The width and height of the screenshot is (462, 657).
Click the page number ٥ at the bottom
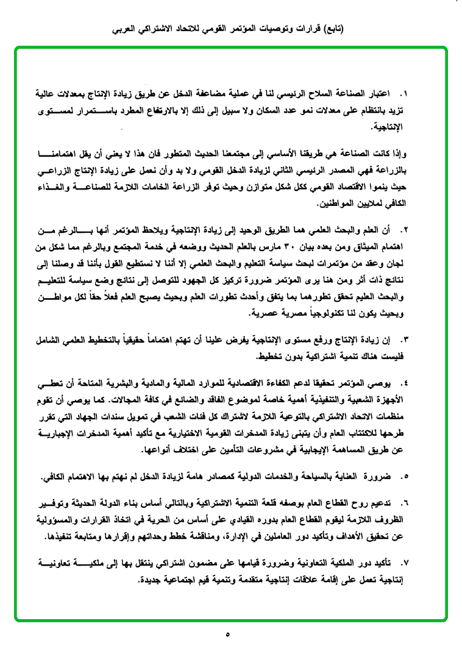coord(228,636)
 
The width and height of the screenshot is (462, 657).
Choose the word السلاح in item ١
coord(312,95)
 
